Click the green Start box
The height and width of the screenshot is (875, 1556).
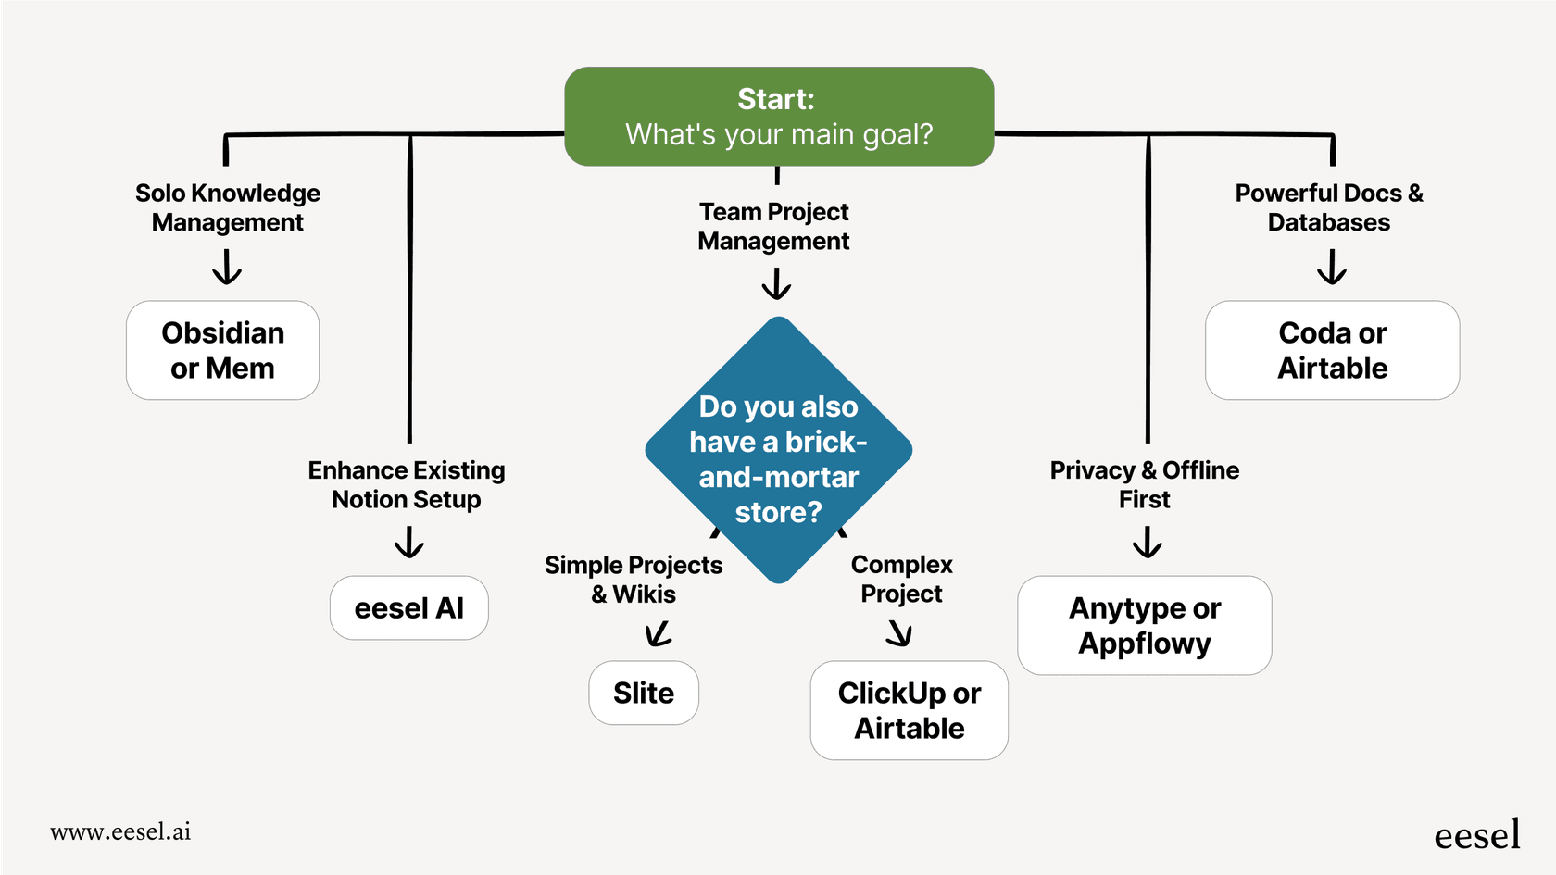point(779,117)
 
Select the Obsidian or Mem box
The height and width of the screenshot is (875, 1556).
point(222,350)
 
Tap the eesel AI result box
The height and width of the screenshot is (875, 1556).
point(408,608)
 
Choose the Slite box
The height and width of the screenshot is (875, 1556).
point(644,693)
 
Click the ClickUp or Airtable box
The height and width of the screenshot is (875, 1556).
point(909,710)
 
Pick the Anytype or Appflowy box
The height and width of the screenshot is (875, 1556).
point(1144,625)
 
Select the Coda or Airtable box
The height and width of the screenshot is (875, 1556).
point(1332,350)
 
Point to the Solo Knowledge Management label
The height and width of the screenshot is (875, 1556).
point(228,207)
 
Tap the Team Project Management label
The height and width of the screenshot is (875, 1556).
point(774,226)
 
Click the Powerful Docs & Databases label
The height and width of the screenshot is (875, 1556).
point(1329,207)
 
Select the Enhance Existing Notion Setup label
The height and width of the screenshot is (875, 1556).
point(407,484)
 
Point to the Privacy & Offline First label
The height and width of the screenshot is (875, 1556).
point(1145,484)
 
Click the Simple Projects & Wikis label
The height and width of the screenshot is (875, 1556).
point(634,579)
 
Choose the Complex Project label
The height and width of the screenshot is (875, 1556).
point(901,579)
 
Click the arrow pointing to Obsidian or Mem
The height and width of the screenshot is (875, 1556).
point(227,269)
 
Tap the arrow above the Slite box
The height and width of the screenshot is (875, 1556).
point(658,634)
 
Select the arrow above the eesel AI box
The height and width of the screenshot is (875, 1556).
point(408,543)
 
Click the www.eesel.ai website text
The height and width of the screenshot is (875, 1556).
point(120,831)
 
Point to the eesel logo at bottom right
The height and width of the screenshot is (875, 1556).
point(1476,835)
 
